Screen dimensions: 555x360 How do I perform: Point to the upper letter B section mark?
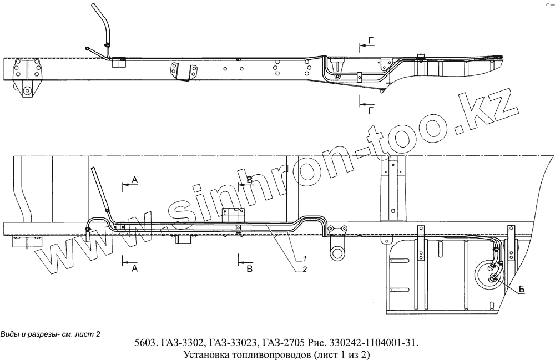249,179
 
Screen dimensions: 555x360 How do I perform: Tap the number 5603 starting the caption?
147,342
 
